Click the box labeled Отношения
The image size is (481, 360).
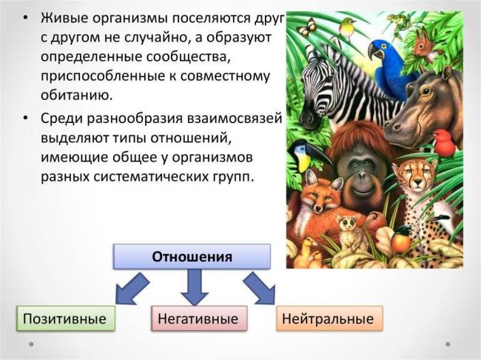(x=192, y=256)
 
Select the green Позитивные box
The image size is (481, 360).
(x=66, y=319)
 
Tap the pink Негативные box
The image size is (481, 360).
(x=198, y=319)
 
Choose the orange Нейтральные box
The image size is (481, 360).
(x=329, y=319)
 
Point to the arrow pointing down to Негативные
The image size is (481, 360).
(x=194, y=286)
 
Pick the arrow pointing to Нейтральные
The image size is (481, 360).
(x=260, y=287)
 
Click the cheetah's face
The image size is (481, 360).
(x=411, y=178)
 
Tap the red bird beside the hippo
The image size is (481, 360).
(x=444, y=141)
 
